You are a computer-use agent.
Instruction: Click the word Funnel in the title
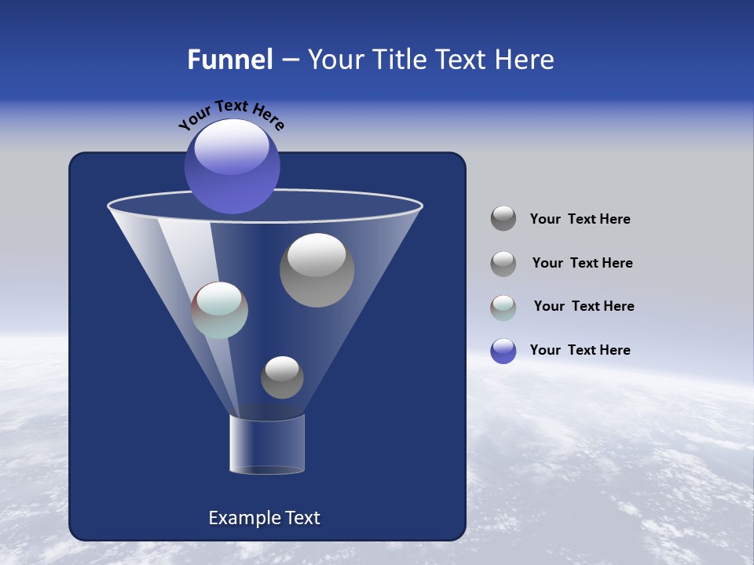pos(229,60)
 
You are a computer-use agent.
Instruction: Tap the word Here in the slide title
pos(518,60)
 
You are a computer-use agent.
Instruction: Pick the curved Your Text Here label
pos(231,115)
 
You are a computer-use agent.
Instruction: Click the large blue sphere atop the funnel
pos(232,169)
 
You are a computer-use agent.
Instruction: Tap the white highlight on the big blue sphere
pos(232,148)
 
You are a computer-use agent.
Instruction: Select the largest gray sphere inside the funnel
pos(317,271)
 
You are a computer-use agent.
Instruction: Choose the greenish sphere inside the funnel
pos(220,310)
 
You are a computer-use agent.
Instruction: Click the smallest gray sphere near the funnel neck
pos(282,377)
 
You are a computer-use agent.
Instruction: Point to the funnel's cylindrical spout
pos(267,444)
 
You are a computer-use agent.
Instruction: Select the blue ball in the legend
pos(503,351)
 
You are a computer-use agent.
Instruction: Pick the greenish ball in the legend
pos(503,308)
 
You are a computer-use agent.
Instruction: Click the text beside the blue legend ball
pos(580,350)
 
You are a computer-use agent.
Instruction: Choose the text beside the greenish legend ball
pos(584,306)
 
